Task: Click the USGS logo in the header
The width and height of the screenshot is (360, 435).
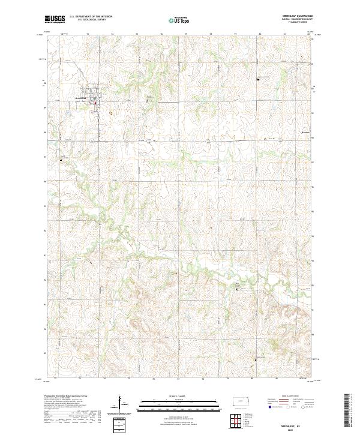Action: [55, 19]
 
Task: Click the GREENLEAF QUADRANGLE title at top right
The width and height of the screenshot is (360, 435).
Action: [296, 16]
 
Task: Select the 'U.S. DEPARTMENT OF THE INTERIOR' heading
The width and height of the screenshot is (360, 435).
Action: [90, 16]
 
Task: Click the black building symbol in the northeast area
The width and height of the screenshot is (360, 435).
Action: [259, 78]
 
